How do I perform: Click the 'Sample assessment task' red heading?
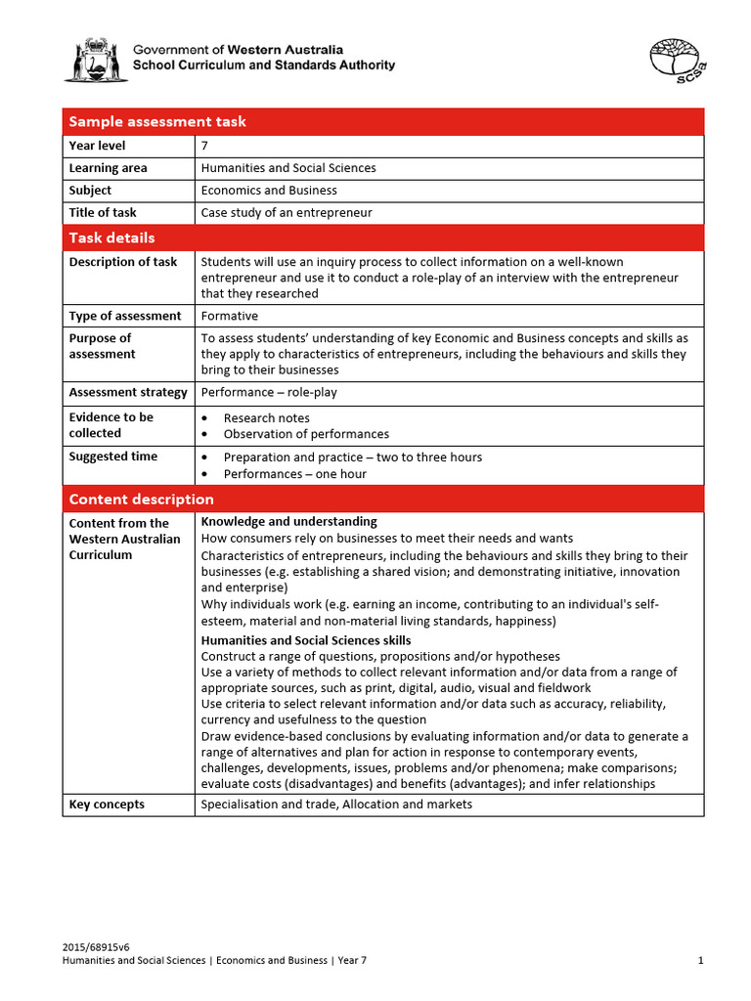coord(156,121)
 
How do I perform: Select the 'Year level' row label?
coord(97,146)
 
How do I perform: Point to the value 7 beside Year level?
coord(204,146)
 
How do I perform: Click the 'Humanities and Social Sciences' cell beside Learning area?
coord(287,168)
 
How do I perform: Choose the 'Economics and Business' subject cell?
coord(269,191)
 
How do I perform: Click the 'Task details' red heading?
coord(111,238)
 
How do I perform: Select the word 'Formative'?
coord(229,316)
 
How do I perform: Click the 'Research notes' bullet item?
coord(266,417)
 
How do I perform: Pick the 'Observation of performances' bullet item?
coord(305,434)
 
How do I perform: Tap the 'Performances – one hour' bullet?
coord(294,474)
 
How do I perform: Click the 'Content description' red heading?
coord(141,500)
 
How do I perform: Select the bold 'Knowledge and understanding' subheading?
coord(288,522)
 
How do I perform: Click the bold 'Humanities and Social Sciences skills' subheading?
coord(305,640)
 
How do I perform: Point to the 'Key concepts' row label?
coord(107,805)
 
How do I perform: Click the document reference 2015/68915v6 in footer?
coord(96,947)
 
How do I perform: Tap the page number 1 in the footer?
coord(700,961)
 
